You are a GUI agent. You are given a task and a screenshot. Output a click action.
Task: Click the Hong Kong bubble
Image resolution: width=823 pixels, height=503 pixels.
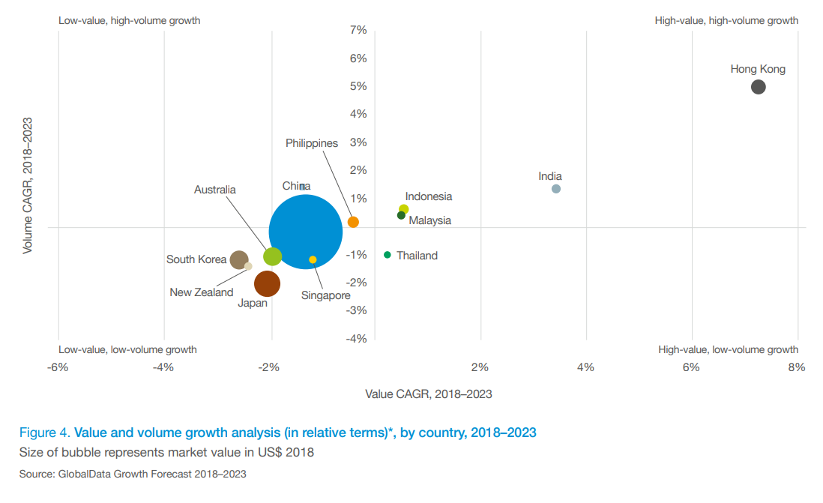758,87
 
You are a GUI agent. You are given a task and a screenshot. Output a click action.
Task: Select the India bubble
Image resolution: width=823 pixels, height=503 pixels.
556,189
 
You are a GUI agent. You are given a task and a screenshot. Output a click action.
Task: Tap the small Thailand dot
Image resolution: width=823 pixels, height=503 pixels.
388,255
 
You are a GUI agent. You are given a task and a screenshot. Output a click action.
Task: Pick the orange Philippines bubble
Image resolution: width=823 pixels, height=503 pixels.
353,222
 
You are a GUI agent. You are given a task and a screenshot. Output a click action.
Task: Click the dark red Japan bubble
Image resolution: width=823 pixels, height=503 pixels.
267,283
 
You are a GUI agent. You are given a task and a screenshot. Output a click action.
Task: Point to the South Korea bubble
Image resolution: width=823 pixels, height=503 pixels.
239,260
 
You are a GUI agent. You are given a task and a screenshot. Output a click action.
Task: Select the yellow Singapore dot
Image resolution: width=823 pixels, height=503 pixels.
313,259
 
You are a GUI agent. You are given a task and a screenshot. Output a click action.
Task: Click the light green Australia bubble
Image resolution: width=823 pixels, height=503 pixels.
272,256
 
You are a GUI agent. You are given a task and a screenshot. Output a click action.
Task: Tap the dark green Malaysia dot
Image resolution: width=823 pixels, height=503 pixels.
401,216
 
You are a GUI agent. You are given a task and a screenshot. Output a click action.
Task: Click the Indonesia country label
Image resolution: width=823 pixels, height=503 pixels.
429,196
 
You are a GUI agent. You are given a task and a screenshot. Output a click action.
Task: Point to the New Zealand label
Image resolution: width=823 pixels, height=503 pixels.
202,292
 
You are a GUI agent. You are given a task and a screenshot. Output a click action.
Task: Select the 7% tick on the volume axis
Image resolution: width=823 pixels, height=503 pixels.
358,30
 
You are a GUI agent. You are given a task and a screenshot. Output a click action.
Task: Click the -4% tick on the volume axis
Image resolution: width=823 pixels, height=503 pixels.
356,338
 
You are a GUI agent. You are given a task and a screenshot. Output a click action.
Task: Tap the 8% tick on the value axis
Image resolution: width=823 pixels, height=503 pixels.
796,367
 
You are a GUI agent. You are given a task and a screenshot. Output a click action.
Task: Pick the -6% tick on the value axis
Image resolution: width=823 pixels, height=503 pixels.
58,367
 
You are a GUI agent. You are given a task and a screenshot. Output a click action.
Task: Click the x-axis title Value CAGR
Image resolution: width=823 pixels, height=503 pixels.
428,394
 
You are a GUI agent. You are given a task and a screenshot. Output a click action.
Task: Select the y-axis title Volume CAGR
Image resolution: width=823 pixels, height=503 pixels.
28,184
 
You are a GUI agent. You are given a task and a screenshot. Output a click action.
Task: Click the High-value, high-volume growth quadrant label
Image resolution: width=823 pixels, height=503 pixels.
726,20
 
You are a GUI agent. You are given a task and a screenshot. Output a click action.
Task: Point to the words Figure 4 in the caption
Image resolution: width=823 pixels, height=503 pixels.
44,433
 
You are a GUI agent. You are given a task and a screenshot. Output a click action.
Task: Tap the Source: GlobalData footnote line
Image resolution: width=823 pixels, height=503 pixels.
133,474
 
